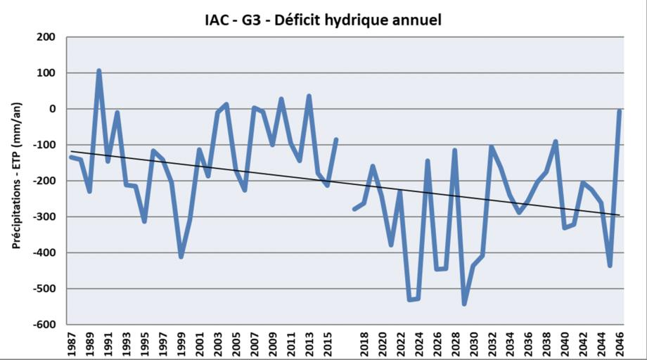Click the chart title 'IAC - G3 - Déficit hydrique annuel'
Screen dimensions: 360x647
point(319,20)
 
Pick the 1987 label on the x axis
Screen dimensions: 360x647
point(72,344)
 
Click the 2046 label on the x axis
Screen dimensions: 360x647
point(619,344)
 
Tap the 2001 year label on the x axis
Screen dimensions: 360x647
point(200,344)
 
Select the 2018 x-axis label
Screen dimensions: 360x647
point(364,344)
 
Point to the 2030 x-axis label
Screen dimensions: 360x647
point(473,344)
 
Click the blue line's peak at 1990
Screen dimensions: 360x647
point(99,71)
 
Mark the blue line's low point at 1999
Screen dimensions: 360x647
point(181,257)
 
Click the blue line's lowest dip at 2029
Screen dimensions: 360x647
point(464,304)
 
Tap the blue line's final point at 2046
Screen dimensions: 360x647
point(619,111)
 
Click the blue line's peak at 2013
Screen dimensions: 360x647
point(309,96)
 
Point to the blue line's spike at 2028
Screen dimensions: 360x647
point(455,150)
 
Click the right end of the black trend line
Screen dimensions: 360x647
point(620,215)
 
